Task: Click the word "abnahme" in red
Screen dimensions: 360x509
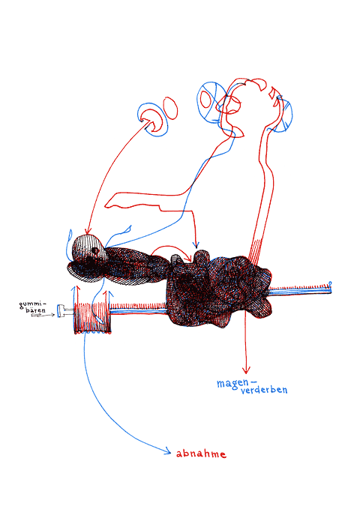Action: click(x=201, y=454)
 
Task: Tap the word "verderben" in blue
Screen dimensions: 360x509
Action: click(x=264, y=390)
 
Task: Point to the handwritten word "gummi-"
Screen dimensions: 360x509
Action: click(x=33, y=305)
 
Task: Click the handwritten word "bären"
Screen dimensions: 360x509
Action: click(x=36, y=310)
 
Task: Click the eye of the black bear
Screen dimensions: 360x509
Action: click(x=94, y=250)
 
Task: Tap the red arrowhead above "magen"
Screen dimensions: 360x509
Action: click(x=246, y=370)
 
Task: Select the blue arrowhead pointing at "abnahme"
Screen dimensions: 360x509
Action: click(x=168, y=451)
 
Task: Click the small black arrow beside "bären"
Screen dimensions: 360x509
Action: click(x=43, y=315)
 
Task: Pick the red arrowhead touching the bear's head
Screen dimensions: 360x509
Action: click(x=88, y=231)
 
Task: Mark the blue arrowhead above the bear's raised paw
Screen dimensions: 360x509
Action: click(x=196, y=245)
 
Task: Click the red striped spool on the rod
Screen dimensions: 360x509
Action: click(x=92, y=318)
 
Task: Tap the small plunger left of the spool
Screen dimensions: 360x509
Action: click(x=65, y=310)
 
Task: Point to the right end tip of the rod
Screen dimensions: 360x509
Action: click(x=331, y=283)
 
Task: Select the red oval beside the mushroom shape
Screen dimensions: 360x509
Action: click(x=171, y=107)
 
